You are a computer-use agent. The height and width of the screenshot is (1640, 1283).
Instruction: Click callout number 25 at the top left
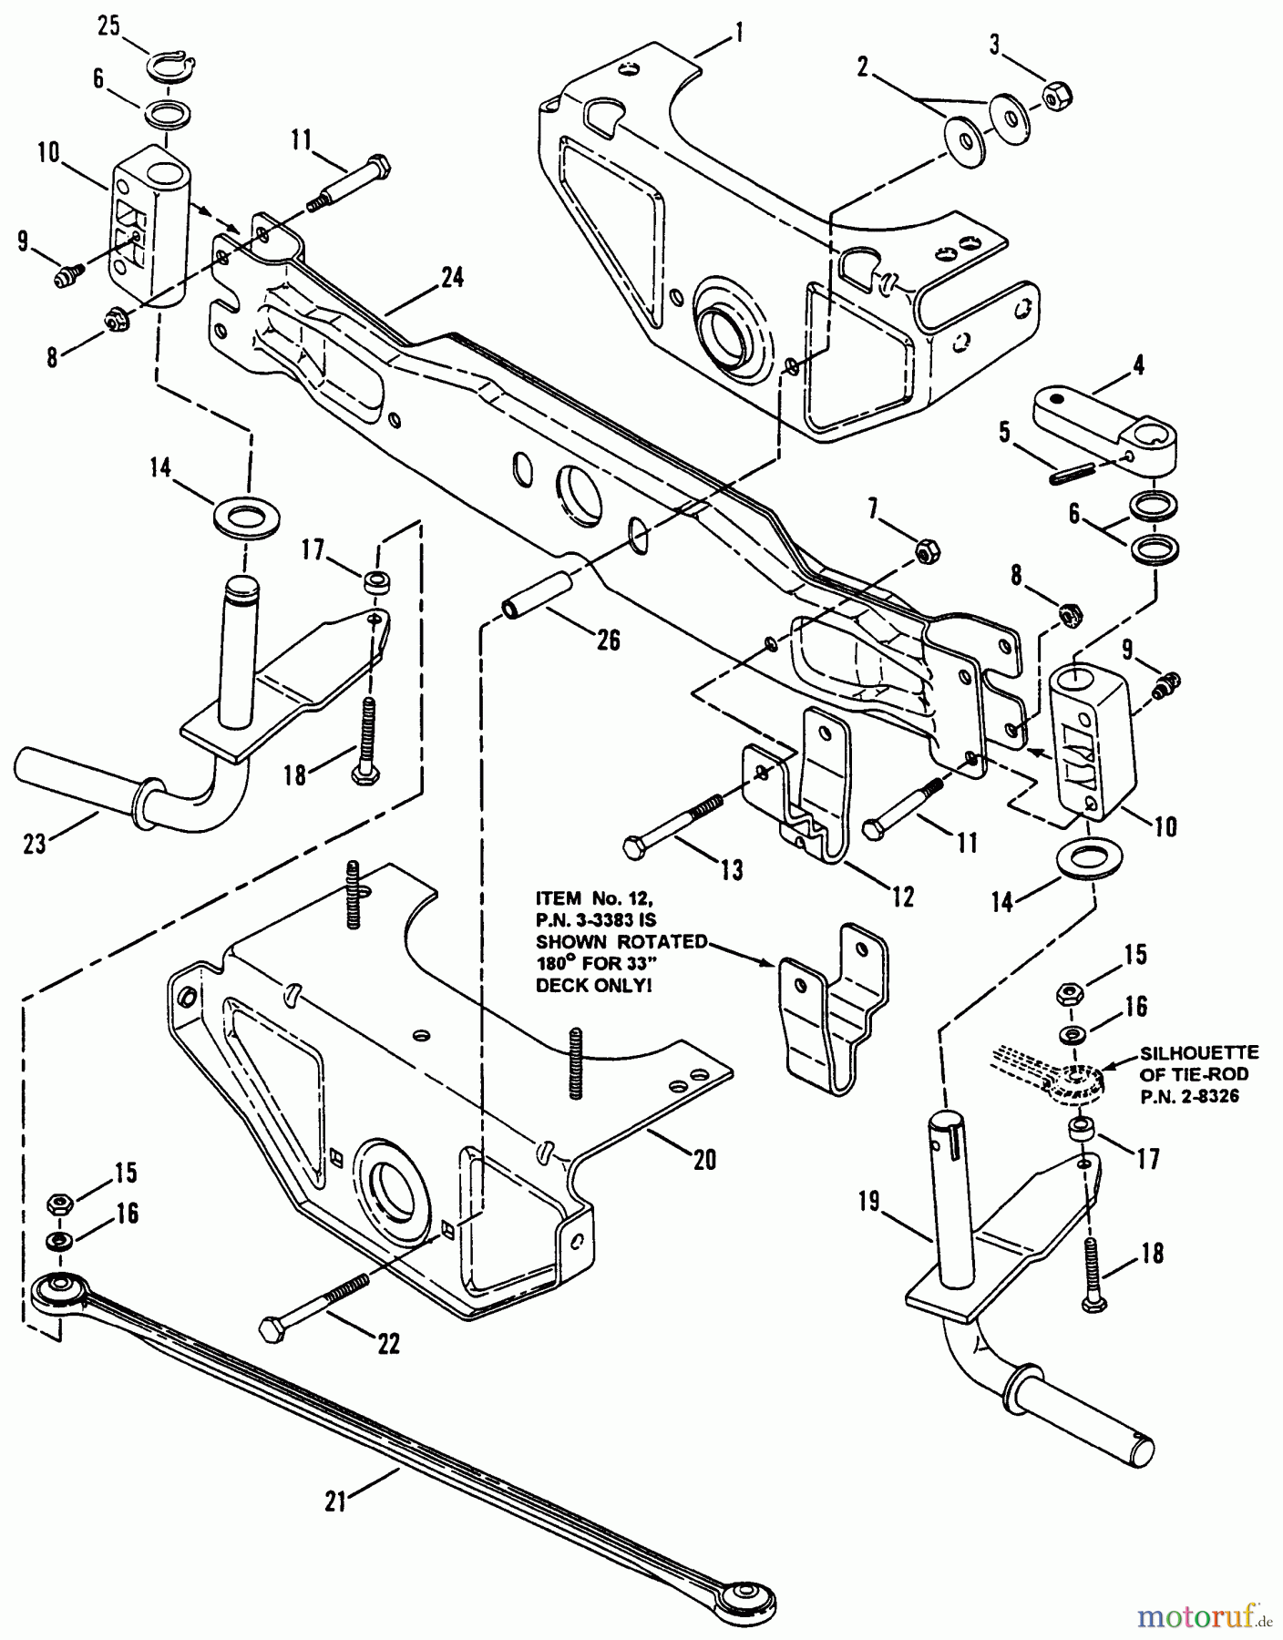108,26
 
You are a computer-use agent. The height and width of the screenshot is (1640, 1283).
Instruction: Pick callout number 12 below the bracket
902,897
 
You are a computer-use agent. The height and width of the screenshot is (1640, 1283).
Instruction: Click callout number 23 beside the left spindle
35,845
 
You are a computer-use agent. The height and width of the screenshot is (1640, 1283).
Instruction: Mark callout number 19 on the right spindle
868,1203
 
